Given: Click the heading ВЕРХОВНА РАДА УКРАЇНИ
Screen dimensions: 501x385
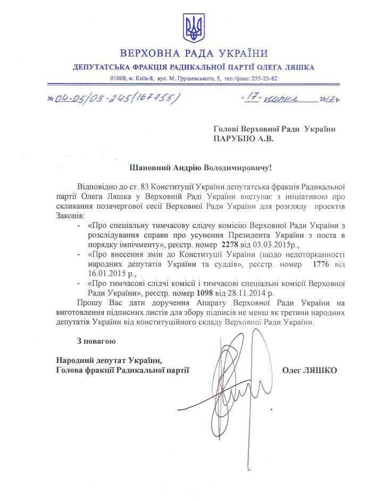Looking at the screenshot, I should (194, 54).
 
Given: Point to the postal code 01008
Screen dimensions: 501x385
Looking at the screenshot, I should (119, 78).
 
